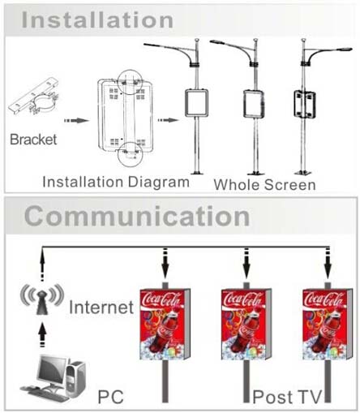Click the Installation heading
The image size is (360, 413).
point(97,20)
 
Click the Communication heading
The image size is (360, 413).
point(137,217)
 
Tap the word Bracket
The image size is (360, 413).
point(33,140)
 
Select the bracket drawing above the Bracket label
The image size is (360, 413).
point(35,97)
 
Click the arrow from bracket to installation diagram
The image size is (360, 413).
point(76,121)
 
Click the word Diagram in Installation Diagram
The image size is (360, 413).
point(158,182)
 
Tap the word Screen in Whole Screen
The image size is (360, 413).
point(290,185)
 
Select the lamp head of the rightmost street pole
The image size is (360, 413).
point(345,49)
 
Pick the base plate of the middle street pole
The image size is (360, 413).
point(255,173)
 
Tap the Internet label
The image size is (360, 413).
point(101,307)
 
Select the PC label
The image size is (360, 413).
point(110,397)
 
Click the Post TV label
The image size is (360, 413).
point(287,397)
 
